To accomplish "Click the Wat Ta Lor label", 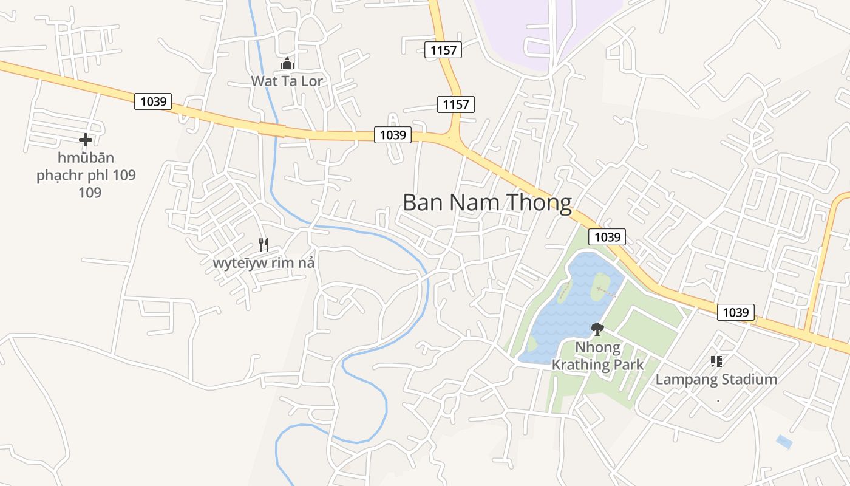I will click(x=287, y=81).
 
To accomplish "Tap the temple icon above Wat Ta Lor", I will click(x=287, y=63).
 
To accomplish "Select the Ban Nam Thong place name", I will click(x=487, y=202).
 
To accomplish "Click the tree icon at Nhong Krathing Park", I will click(x=597, y=329).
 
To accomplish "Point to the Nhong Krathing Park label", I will click(x=597, y=356).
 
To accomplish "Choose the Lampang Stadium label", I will click(x=716, y=380).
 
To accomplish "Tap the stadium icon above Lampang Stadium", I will click(x=716, y=361).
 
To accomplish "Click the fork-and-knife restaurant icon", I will click(x=263, y=245).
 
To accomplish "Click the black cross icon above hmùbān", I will click(x=86, y=140).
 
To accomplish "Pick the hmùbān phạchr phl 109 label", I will click(x=86, y=175).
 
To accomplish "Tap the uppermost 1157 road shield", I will click(x=443, y=50).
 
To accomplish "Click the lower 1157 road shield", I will click(x=455, y=104).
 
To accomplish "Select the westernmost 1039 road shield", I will click(x=153, y=101).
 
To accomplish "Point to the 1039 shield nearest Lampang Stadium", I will click(x=736, y=312).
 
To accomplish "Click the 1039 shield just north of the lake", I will click(x=607, y=237).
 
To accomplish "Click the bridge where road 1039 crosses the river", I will click(x=271, y=129).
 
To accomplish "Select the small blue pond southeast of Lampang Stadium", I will click(x=784, y=442).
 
